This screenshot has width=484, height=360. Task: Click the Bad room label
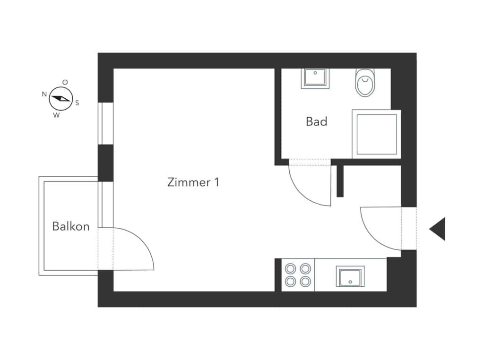316,121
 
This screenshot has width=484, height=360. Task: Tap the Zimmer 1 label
193,182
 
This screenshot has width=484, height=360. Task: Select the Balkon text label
71,226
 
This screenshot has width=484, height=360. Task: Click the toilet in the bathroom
365,82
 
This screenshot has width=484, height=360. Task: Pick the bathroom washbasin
315,78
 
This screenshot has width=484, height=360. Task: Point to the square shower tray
377,134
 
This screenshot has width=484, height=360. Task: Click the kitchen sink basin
350,276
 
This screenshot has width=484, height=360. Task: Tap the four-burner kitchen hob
298,275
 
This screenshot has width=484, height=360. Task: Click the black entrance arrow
437,229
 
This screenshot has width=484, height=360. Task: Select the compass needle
61,99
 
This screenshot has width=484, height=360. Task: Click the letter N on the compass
44,94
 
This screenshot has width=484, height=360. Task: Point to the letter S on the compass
77,103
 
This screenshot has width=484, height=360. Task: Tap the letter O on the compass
65,82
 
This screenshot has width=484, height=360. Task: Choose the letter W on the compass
56,115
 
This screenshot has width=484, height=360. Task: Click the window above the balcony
105,123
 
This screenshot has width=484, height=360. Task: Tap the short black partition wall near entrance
340,181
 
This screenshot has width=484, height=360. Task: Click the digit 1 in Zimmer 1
216,182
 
